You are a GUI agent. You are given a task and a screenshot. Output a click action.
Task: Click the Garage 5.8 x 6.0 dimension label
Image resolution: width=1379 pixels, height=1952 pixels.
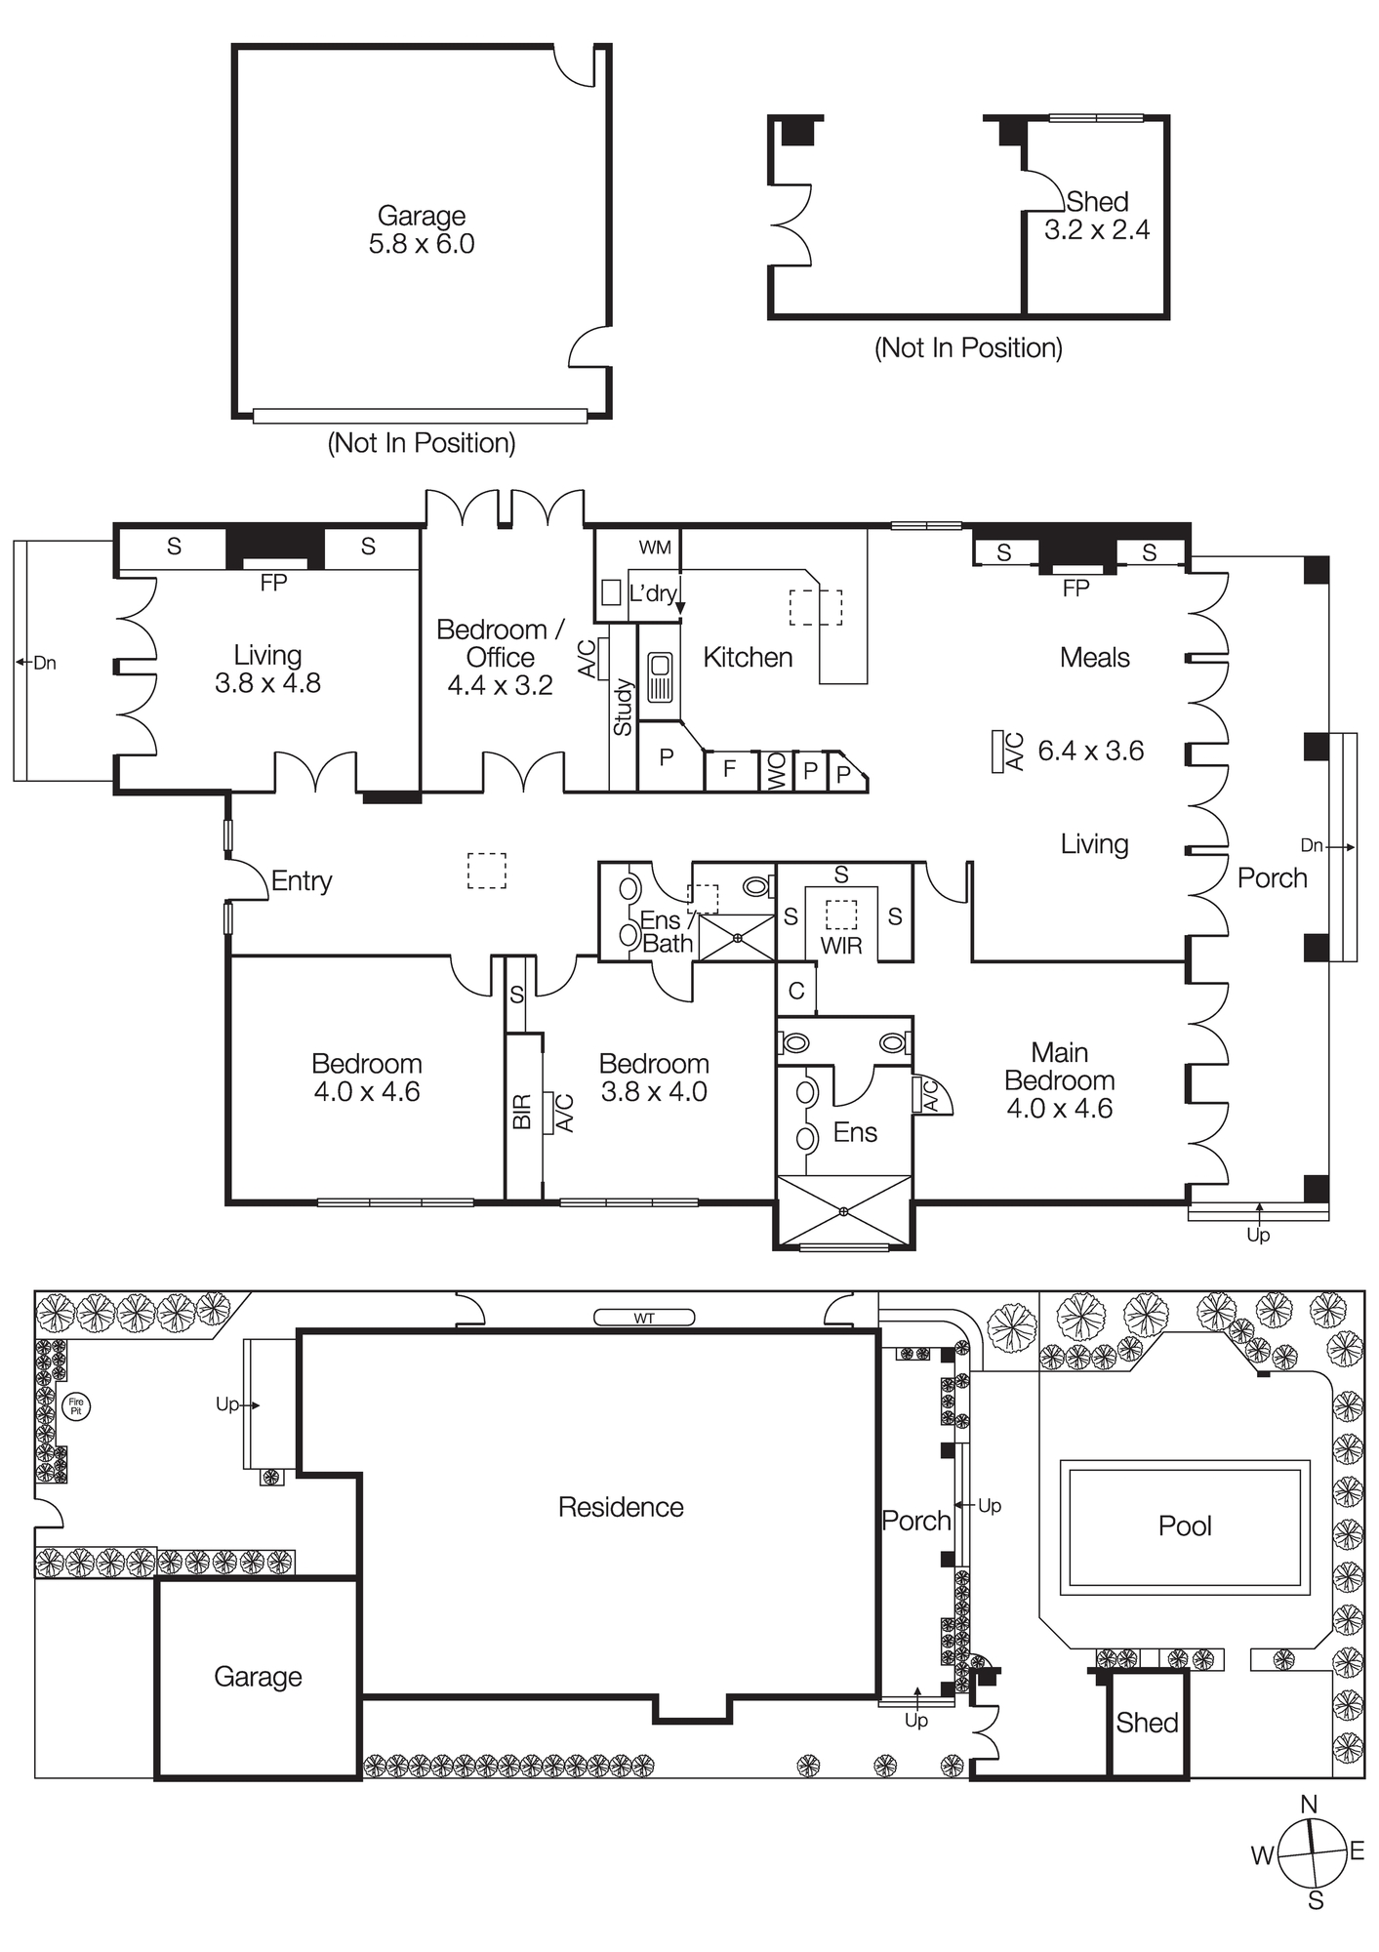[422, 230]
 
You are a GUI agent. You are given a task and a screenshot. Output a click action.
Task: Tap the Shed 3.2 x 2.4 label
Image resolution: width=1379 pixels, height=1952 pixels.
[1097, 216]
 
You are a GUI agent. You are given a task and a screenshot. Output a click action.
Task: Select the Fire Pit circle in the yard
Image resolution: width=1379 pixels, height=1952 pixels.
[75, 1406]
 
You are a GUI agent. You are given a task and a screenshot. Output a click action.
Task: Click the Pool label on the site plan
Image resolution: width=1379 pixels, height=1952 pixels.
[1185, 1526]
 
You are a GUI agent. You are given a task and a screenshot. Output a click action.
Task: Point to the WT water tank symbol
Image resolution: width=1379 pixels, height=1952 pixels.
[644, 1319]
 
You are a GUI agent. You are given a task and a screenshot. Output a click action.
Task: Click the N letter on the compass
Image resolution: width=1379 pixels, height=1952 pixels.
[1310, 1804]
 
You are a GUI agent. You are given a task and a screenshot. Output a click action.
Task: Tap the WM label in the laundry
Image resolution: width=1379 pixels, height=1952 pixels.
[655, 548]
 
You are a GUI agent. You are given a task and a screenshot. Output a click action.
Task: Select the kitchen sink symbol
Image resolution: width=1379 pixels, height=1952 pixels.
[660, 677]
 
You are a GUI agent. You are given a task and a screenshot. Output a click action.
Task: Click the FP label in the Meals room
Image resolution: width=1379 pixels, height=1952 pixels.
[1075, 589]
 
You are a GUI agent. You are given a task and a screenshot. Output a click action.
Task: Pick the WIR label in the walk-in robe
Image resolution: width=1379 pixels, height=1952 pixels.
[841, 946]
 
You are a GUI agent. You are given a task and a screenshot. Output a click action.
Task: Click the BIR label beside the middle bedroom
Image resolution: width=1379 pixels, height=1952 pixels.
[522, 1112]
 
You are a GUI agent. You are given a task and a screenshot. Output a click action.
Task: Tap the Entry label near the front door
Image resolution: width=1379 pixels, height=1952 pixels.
[302, 881]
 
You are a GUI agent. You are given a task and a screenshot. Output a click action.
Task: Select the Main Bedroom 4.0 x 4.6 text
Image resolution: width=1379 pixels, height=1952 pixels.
[1059, 1080]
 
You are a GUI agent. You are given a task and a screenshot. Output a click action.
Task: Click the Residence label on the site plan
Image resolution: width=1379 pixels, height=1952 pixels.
[621, 1507]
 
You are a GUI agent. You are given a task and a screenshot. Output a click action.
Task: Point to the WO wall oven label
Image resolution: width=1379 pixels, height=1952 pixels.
[777, 771]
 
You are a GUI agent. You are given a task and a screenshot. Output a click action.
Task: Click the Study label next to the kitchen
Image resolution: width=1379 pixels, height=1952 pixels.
[623, 708]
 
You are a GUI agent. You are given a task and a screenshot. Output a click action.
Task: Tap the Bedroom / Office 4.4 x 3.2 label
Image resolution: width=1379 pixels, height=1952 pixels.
[500, 657]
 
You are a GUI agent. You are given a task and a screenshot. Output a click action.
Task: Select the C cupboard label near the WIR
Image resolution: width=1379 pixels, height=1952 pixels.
[796, 992]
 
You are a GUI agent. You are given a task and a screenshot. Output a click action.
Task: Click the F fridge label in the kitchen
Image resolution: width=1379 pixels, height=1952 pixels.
[729, 769]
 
